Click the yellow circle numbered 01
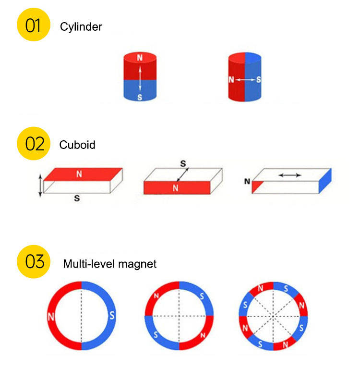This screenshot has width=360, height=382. (33, 25)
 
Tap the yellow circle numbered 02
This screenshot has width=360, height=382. (33, 143)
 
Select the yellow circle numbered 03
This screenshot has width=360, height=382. (33, 262)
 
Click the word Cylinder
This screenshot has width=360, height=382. (81, 27)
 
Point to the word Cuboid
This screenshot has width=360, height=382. (77, 145)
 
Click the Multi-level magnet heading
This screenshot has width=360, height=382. (109, 264)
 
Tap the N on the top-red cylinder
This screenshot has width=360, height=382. (140, 58)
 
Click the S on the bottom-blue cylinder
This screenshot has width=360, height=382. (140, 97)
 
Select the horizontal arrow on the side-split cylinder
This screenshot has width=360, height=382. (245, 79)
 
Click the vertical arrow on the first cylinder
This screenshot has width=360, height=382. (140, 78)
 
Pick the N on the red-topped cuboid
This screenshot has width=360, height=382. (79, 173)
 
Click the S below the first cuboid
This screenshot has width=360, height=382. (76, 197)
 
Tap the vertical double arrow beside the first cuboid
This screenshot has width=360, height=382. (40, 185)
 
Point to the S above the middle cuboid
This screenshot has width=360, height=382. (182, 164)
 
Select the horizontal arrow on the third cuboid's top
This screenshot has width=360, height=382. (290, 175)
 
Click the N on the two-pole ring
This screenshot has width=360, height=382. (51, 317)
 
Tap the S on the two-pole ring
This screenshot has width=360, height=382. (112, 316)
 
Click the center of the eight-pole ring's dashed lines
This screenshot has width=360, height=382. (273, 316)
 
